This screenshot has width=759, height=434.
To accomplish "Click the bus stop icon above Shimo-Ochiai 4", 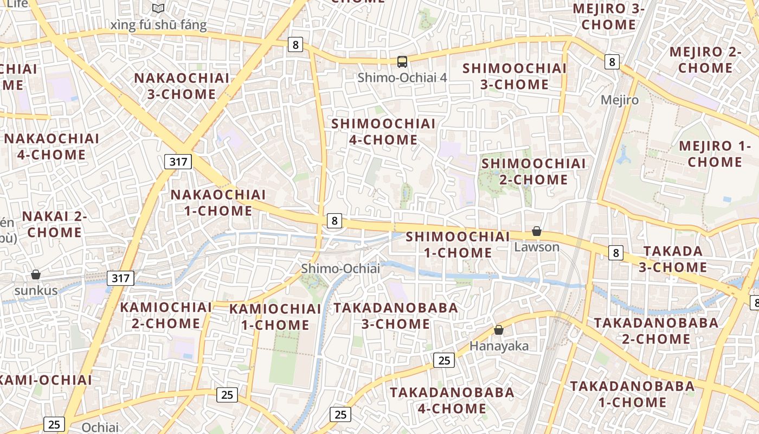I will pos(402,62).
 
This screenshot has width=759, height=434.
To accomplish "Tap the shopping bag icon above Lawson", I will pos(537,231).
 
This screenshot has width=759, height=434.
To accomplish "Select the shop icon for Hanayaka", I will pos(499,329).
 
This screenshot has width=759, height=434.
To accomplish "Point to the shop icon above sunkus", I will pos(36,275).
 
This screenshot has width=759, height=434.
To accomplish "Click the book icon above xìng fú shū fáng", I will pos(158,9).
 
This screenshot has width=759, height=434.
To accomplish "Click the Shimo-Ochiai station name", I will pos(340,269).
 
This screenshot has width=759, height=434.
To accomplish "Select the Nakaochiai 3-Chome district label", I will pos(182,86).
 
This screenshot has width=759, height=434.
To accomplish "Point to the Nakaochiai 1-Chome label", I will pos(218,202).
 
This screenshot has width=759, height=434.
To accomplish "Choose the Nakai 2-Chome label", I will pos(54,225).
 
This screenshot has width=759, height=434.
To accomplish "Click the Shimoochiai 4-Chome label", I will pos(383,132).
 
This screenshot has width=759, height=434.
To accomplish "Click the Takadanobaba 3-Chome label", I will pos(396,316).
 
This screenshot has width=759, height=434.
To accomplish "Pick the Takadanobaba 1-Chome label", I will pos(632,394).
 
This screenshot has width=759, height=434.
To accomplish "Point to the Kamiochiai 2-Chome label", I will pos(166,315).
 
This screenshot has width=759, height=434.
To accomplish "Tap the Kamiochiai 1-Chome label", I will pos(275,317).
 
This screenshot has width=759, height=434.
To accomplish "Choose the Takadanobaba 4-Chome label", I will pos(452,400).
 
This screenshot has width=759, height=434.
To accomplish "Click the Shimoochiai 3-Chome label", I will pos(514,76).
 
